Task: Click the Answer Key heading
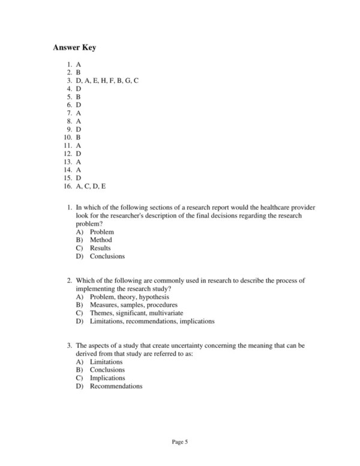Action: [74, 47]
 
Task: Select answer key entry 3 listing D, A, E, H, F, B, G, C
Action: [107, 80]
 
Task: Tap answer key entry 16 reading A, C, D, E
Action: [91, 187]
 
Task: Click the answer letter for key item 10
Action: [79, 137]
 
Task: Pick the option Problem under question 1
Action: [102, 232]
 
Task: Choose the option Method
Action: [101, 240]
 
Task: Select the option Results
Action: [100, 248]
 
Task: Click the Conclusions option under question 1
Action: [107, 256]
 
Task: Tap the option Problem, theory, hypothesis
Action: [129, 297]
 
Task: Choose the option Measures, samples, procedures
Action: [134, 305]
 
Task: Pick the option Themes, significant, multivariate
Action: [136, 313]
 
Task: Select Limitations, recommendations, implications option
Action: [152, 321]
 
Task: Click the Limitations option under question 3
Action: [106, 362]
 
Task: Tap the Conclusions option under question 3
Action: [107, 370]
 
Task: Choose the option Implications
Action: [107, 378]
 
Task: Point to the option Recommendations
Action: [116, 386]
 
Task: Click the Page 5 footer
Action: [180, 443]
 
